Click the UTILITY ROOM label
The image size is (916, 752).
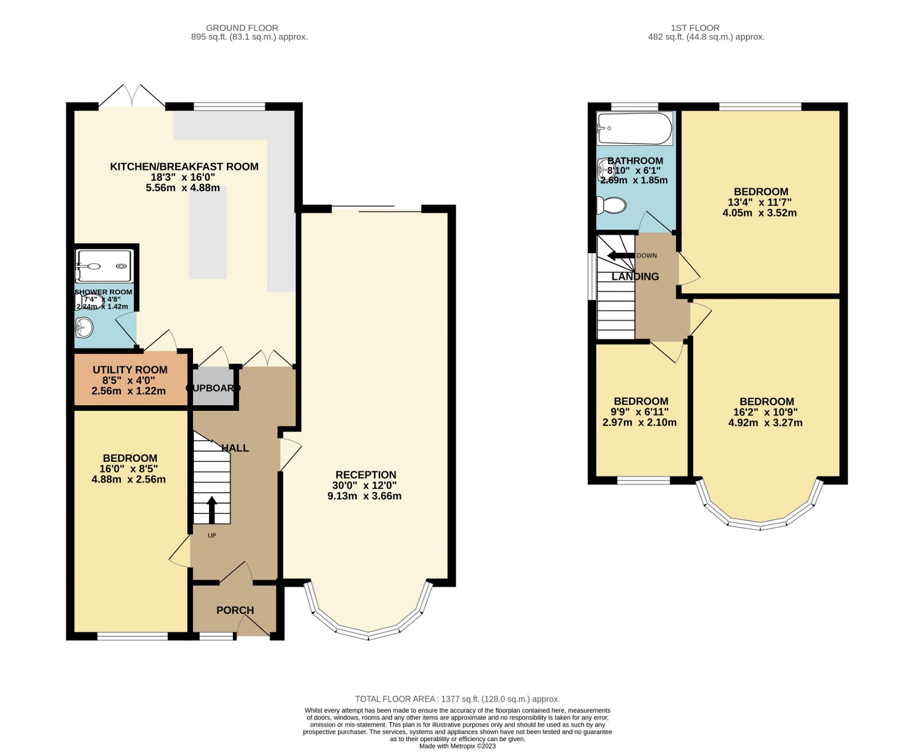(130, 370)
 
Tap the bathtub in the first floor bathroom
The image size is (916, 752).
(634, 129)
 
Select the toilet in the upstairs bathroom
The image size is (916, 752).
(611, 205)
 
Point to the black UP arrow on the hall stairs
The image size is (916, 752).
(211, 510)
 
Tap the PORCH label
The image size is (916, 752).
(235, 610)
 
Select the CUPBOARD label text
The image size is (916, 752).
(213, 387)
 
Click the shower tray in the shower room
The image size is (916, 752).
(104, 266)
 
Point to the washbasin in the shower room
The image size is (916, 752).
(84, 327)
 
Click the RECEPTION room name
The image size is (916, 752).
(366, 474)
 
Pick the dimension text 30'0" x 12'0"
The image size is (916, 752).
(365, 485)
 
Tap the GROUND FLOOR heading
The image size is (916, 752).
(242, 28)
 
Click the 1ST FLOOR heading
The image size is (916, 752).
(695, 28)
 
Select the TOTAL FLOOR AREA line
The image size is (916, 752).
(457, 699)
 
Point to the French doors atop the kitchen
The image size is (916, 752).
(132, 96)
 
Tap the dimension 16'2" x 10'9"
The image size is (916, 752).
(766, 412)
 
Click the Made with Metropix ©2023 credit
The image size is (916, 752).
(457, 746)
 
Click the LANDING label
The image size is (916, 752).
(635, 276)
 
